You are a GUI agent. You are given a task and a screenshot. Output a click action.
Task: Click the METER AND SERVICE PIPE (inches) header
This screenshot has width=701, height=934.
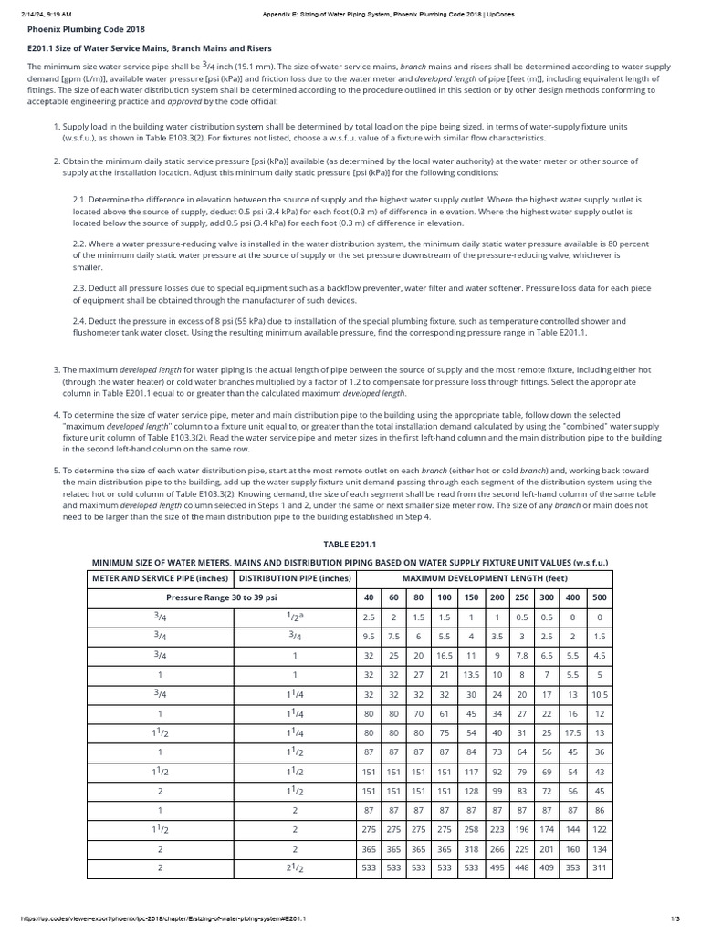[x=160, y=577]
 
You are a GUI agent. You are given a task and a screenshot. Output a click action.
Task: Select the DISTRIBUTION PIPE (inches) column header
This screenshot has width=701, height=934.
[x=294, y=577]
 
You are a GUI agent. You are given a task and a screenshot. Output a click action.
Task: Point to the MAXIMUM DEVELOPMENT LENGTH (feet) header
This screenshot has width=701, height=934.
[x=485, y=577]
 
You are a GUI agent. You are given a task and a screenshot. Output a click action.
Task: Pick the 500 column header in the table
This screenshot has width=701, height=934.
[x=598, y=597]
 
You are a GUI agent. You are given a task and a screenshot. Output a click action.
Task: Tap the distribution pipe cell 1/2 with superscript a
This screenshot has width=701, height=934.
[x=294, y=617]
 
